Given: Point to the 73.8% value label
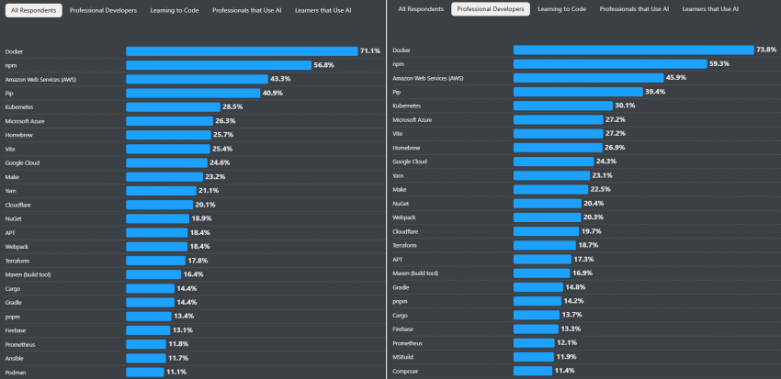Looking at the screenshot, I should [766, 50].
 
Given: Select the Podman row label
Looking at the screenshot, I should [16, 372].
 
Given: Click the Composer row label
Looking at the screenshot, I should [406, 370].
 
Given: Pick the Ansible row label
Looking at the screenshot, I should [16, 358].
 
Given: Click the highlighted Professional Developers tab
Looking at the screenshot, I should [490, 9].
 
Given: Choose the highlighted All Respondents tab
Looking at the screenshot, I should [32, 10].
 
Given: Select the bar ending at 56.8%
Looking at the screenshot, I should [231, 65].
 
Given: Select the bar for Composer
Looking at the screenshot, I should [532, 370].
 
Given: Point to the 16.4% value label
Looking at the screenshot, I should [193, 274].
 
